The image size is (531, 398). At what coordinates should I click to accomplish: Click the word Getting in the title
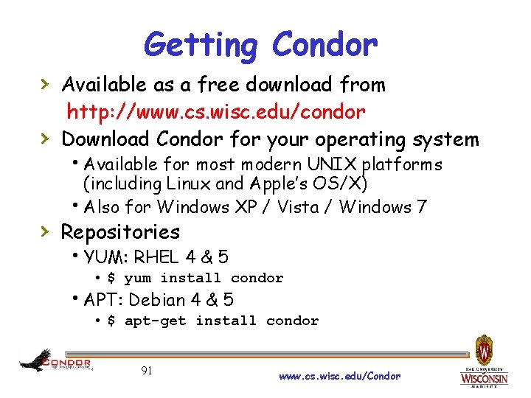tap(201, 45)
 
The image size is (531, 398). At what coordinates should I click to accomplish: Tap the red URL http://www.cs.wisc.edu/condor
tap(216, 112)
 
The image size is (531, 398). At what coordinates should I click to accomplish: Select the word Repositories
tap(120, 232)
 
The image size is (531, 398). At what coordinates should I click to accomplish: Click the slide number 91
tap(147, 370)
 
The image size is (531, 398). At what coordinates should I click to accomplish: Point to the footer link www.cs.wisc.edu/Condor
tap(340, 376)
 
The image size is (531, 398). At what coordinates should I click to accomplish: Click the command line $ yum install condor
tap(195, 278)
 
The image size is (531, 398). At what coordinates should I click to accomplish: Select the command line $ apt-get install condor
tap(212, 321)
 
